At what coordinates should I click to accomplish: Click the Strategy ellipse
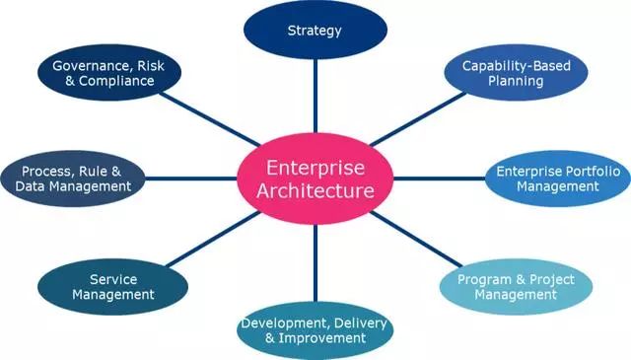click(x=315, y=31)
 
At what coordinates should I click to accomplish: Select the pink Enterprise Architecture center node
click(x=315, y=179)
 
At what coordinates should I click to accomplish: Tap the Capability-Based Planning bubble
click(x=516, y=72)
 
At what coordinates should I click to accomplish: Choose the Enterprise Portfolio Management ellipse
click(x=558, y=179)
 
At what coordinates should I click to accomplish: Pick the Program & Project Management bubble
click(x=516, y=287)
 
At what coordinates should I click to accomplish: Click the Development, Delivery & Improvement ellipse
click(x=315, y=330)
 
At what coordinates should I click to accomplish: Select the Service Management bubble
click(x=113, y=287)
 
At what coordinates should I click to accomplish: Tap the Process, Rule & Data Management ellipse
click(x=73, y=179)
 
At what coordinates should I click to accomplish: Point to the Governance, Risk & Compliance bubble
click(x=109, y=72)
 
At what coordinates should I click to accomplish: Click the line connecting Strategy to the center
click(x=315, y=97)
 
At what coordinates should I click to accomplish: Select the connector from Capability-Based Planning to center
click(x=417, y=119)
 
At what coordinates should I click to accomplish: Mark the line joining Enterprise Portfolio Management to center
click(x=439, y=179)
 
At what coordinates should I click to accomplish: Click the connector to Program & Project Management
click(x=416, y=239)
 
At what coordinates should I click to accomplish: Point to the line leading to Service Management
click(x=213, y=239)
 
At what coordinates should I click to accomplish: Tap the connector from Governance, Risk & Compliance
click(x=210, y=119)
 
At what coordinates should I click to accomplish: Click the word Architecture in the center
click(x=315, y=190)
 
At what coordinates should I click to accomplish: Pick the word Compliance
click(x=116, y=81)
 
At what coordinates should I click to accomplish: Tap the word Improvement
click(x=322, y=338)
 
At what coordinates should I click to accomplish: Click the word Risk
click(x=151, y=66)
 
